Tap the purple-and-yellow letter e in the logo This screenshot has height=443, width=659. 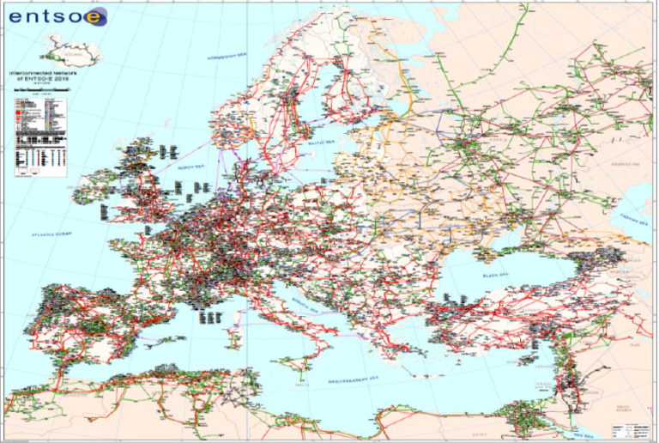tap(97, 16)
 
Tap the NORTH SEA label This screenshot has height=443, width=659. tap(193, 167)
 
